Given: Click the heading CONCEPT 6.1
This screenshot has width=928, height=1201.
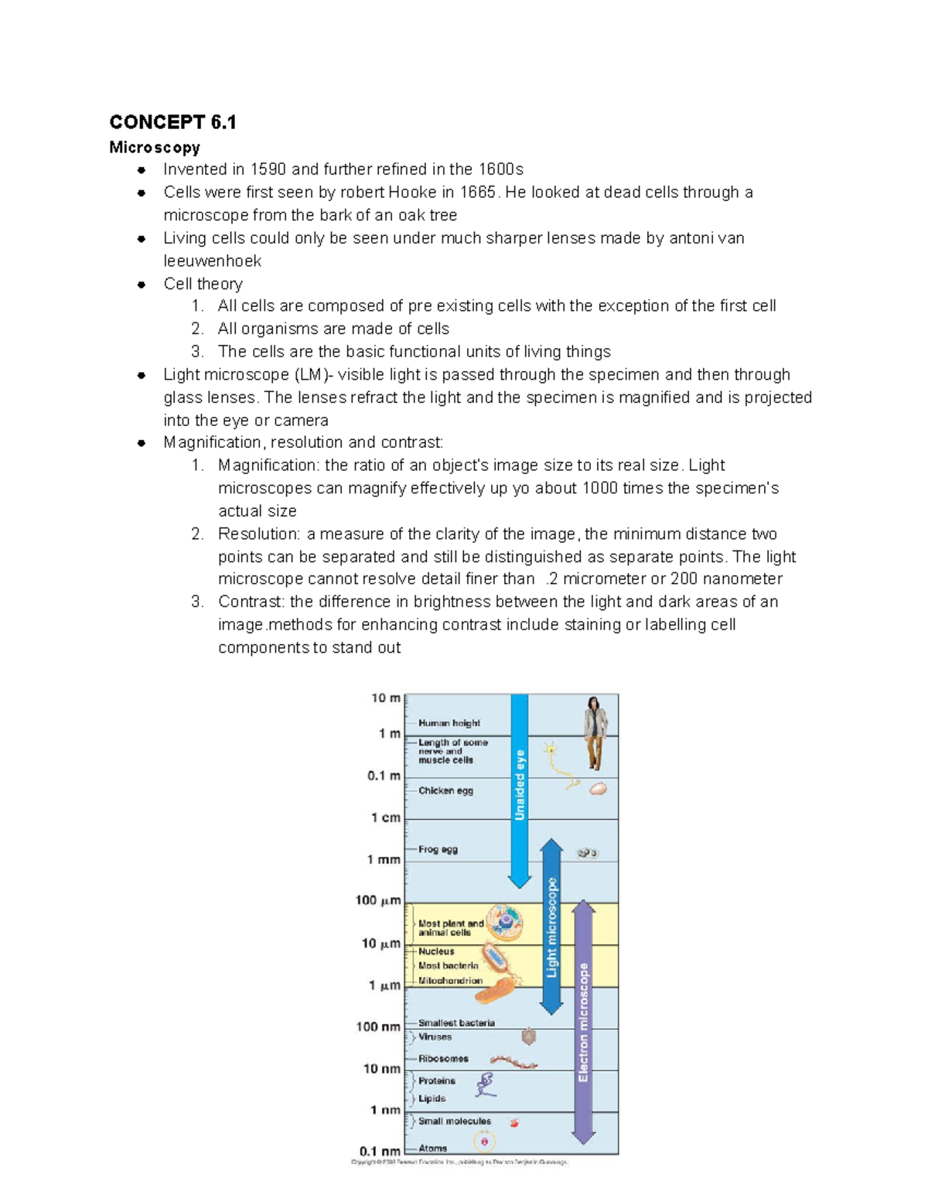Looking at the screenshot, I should point(172,122).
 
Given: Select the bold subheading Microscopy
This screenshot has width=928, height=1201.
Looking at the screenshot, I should point(155,147).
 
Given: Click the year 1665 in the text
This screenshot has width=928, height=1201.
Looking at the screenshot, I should point(478,192).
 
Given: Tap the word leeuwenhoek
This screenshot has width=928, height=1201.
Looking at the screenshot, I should point(212,261).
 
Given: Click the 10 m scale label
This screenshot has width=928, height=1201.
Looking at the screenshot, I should point(385,698).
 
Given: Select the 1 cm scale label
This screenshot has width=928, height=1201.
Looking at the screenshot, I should point(385,817).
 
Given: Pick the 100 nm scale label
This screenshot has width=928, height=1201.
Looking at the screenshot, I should point(377,1026).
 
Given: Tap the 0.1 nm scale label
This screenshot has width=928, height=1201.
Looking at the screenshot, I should point(380,1151).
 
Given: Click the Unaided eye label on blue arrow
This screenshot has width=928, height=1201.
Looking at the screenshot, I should point(520,785).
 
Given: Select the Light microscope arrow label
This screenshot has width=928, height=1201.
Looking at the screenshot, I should point(551,926).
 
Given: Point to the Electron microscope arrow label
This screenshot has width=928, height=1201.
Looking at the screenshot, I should point(583,1021).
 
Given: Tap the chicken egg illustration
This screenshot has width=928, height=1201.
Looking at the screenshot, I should point(598,790).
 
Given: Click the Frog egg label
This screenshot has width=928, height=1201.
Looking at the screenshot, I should point(438,849).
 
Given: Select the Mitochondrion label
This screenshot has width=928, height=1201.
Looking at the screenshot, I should point(450,981).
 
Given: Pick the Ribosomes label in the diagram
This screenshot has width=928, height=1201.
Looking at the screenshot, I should point(443,1059).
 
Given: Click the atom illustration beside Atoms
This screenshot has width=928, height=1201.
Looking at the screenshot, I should point(485,1141).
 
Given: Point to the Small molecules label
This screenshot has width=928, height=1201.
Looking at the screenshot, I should point(455,1121).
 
